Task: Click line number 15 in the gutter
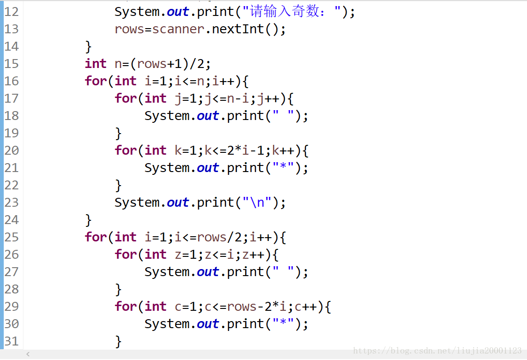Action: coord(11,64)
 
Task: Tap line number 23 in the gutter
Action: coord(11,202)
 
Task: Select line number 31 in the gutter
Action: coord(11,341)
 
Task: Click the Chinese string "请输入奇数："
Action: coord(292,12)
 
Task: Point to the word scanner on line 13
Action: coord(178,29)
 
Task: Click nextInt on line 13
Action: coord(238,29)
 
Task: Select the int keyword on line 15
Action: coord(96,64)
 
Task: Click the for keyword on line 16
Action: coord(96,81)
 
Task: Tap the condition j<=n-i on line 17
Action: coord(227,98)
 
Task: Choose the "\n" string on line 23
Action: coord(257,202)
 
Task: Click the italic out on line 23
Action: coord(178,202)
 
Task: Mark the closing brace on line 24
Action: coord(88,220)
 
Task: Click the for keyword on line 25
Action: coord(96,237)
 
